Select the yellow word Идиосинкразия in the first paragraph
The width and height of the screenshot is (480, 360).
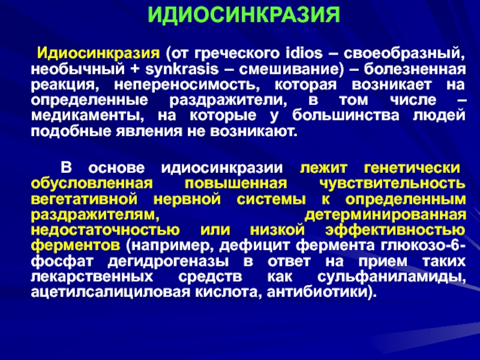(x=98, y=53)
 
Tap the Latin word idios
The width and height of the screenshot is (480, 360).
(x=304, y=53)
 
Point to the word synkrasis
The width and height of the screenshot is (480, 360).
(x=182, y=69)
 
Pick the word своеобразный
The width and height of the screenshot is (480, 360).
(x=404, y=54)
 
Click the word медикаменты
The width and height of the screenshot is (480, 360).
(x=86, y=116)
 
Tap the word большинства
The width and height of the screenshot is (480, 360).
(x=346, y=116)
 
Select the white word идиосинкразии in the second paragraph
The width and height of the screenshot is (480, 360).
(x=222, y=168)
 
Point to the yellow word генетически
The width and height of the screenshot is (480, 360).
(x=412, y=168)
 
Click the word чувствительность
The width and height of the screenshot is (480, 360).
(x=392, y=184)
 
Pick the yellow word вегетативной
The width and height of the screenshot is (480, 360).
(x=84, y=199)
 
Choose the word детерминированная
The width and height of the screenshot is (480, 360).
(x=385, y=215)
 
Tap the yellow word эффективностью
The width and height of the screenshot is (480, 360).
(x=395, y=230)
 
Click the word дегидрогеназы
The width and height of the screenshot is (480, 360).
(x=168, y=262)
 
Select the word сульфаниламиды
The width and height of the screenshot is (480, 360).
(x=392, y=277)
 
